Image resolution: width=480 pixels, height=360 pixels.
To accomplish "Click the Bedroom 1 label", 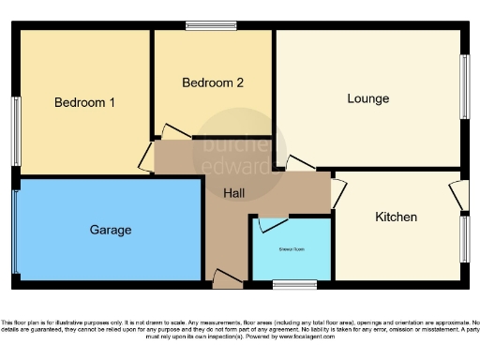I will pyautogui.click(x=84, y=102).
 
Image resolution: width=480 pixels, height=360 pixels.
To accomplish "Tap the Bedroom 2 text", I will pyautogui.click(x=213, y=82).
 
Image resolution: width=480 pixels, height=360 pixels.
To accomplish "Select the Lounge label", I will pyautogui.click(x=367, y=98).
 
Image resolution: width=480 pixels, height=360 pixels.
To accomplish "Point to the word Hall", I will pyautogui.click(x=235, y=193).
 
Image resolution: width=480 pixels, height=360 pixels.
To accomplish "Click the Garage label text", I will pyautogui.click(x=111, y=230).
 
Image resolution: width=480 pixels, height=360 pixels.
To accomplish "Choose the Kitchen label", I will pyautogui.click(x=396, y=217).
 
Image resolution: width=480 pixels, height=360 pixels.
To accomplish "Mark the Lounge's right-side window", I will pyautogui.click(x=463, y=85).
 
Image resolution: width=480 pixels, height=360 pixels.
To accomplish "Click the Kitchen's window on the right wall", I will pyautogui.click(x=463, y=239).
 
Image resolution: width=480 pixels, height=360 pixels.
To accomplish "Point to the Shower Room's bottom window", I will pyautogui.click(x=300, y=282).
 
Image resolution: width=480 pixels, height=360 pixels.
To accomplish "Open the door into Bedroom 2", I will pyautogui.click(x=175, y=133).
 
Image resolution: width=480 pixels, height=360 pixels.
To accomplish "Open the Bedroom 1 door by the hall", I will pyautogui.click(x=147, y=157).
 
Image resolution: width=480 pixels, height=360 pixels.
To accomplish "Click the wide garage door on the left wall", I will pyautogui.click(x=15, y=231).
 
